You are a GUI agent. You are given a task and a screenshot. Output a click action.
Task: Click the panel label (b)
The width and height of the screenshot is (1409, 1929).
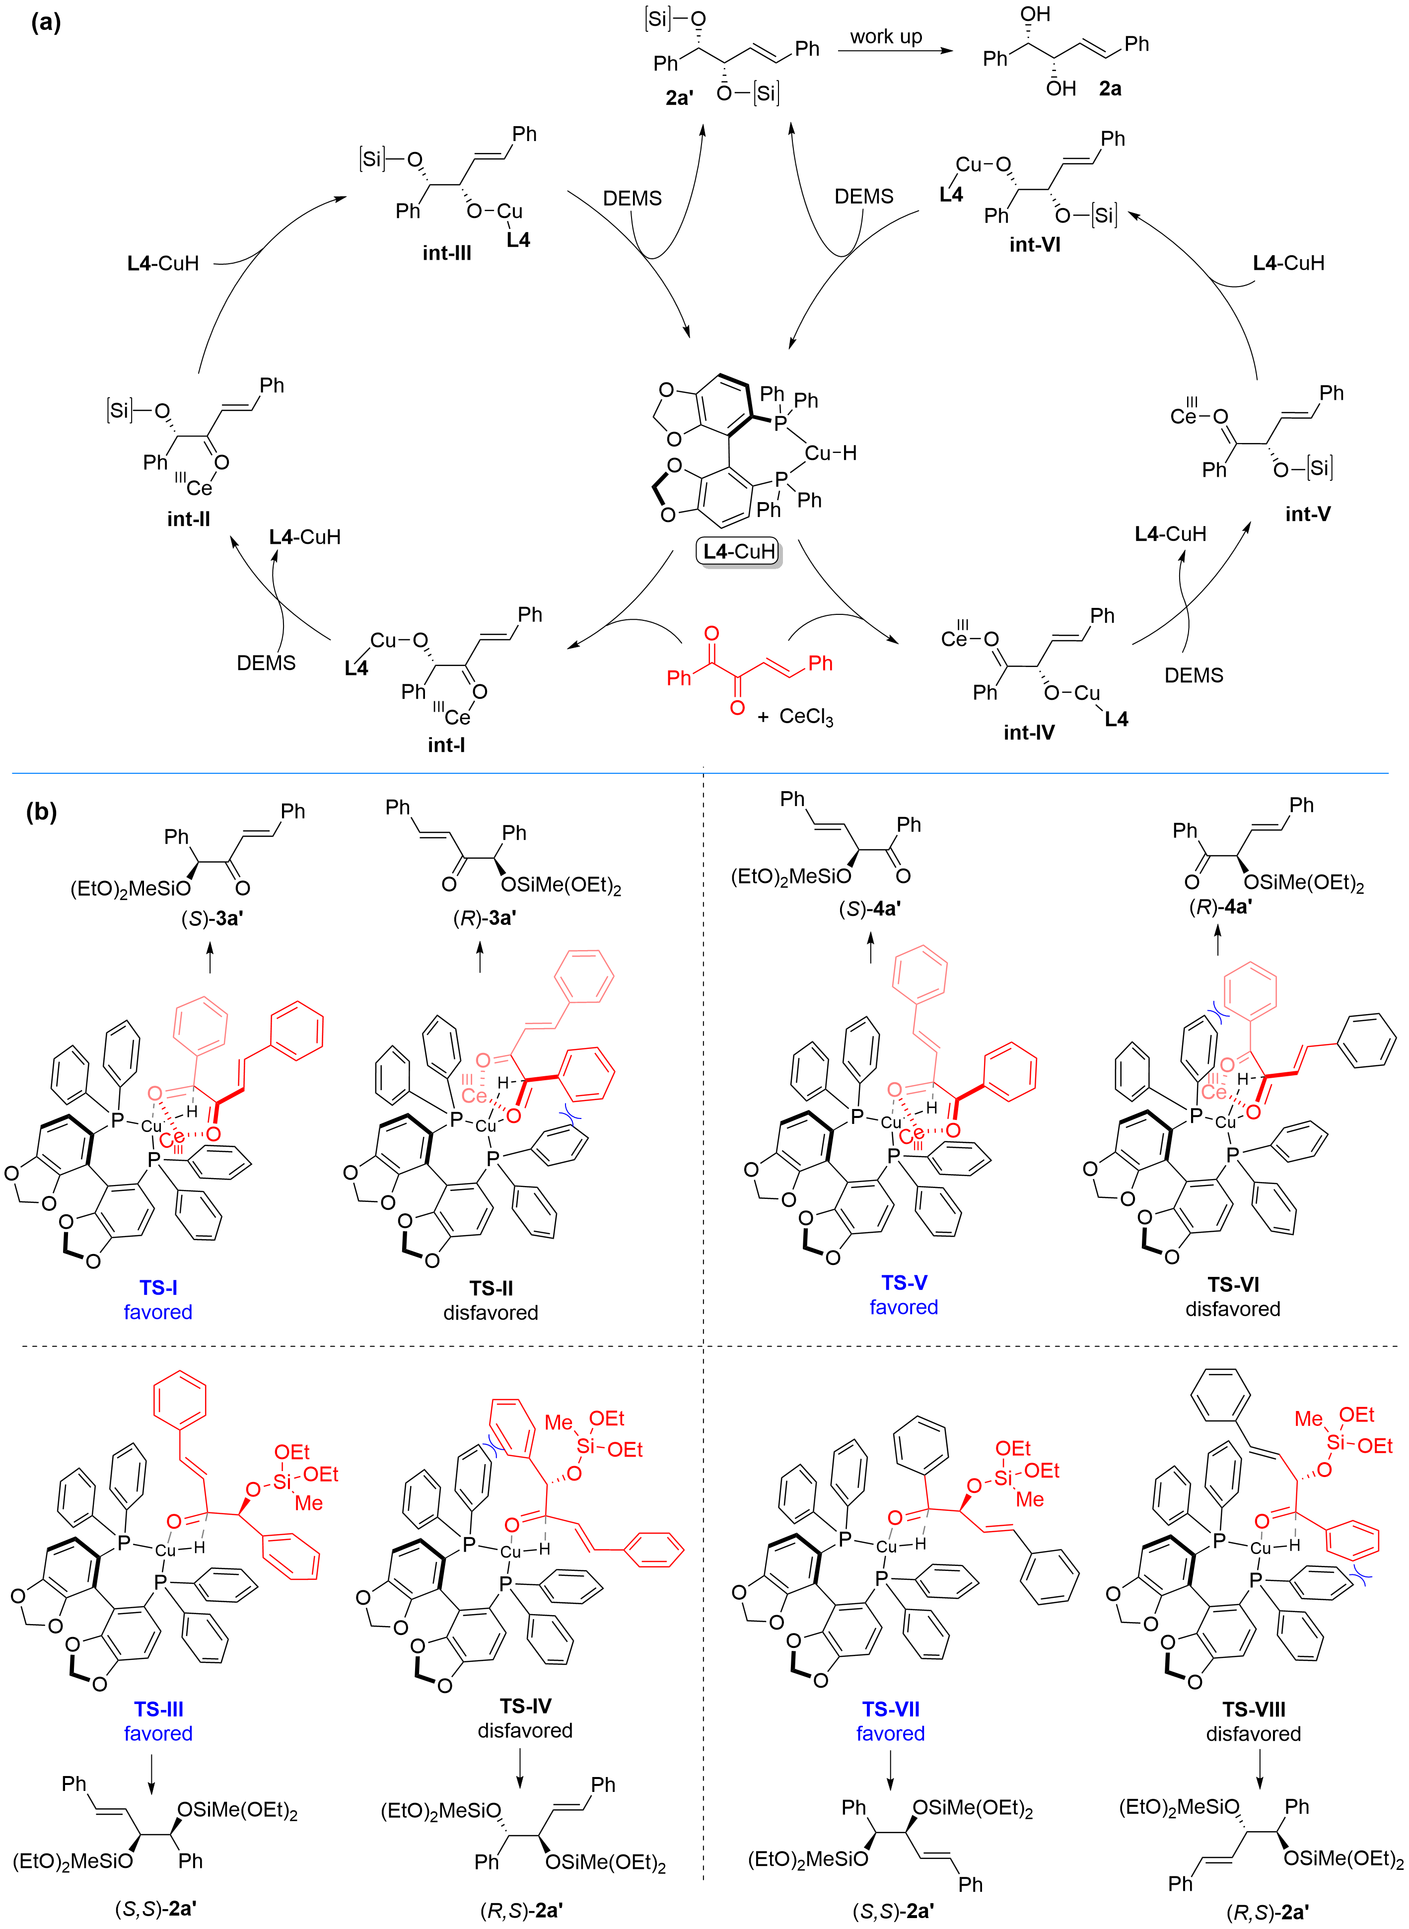coord(42,812)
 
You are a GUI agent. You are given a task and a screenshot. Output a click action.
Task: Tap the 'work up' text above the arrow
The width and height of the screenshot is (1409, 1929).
coord(886,37)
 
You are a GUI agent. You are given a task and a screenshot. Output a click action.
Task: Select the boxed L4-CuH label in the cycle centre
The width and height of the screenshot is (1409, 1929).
coord(739,552)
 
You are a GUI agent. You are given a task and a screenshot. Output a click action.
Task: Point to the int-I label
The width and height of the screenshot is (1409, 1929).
coord(446,745)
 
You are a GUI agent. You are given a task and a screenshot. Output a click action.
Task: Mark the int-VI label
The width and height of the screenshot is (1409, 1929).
coord(1035,245)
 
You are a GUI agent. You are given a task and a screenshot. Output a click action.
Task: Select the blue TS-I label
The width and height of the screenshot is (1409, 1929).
coord(159,1287)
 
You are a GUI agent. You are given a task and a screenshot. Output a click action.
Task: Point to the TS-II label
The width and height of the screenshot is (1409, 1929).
coord(492,1287)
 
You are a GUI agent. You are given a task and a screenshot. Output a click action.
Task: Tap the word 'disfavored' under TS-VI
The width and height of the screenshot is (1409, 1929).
coord(1233,1309)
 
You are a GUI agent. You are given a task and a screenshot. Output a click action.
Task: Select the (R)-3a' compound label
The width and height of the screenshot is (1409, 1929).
coord(485,917)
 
